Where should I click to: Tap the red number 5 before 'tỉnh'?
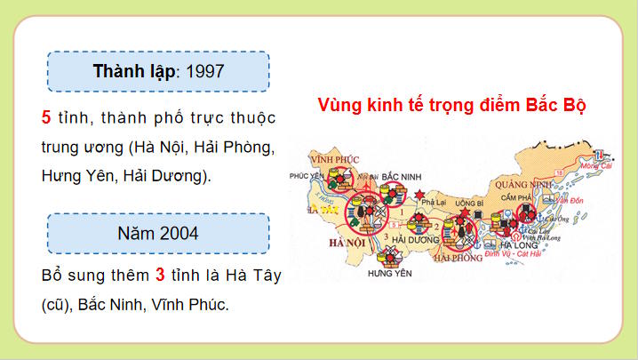[46, 118]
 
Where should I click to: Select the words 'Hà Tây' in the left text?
[255, 276]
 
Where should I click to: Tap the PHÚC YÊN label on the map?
[305, 177]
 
